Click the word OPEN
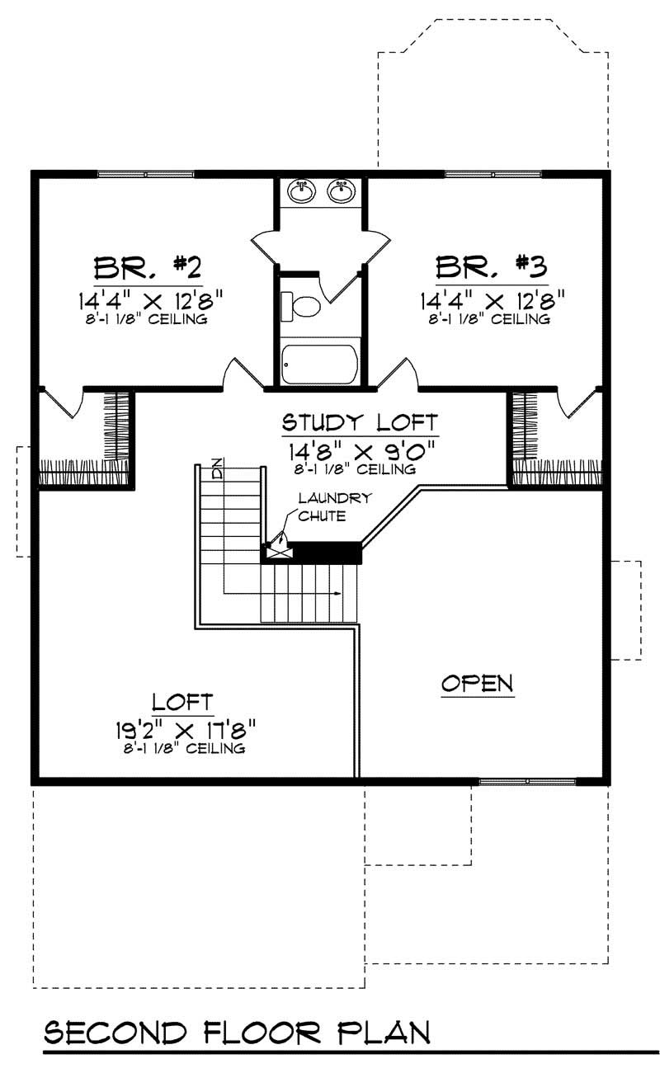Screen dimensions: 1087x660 [477, 684]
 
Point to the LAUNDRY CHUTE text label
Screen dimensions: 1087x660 [324, 506]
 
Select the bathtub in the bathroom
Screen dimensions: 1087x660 [320, 364]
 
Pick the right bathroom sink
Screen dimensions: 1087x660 [340, 191]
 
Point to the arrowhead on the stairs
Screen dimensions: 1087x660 [339, 594]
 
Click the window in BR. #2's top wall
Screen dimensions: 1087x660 [146, 174]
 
